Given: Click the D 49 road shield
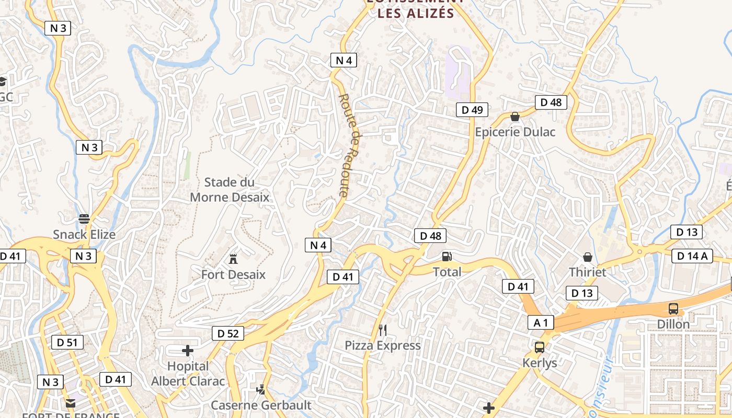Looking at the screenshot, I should (x=472, y=109).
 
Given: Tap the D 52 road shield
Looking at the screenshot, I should (x=228, y=333).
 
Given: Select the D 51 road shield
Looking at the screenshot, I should (x=67, y=343).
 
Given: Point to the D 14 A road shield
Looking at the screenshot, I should (x=692, y=256).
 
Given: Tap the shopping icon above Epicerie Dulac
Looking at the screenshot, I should (x=515, y=117).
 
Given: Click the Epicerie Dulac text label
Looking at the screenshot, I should (x=515, y=132).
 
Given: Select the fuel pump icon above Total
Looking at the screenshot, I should (x=447, y=257).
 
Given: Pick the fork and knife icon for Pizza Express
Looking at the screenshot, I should (x=383, y=330).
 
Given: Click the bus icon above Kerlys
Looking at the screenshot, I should (x=540, y=347).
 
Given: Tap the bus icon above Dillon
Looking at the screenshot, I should (x=673, y=309).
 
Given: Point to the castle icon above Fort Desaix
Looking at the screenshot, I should (x=233, y=259).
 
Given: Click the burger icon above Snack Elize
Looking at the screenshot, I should (x=84, y=218).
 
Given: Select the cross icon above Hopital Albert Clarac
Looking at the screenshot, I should (x=188, y=351).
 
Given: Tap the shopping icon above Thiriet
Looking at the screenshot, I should (x=588, y=257).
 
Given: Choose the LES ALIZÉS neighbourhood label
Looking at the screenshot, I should (x=416, y=13).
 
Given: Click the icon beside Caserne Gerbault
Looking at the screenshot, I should (x=260, y=389).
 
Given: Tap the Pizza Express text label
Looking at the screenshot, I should (x=383, y=345).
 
